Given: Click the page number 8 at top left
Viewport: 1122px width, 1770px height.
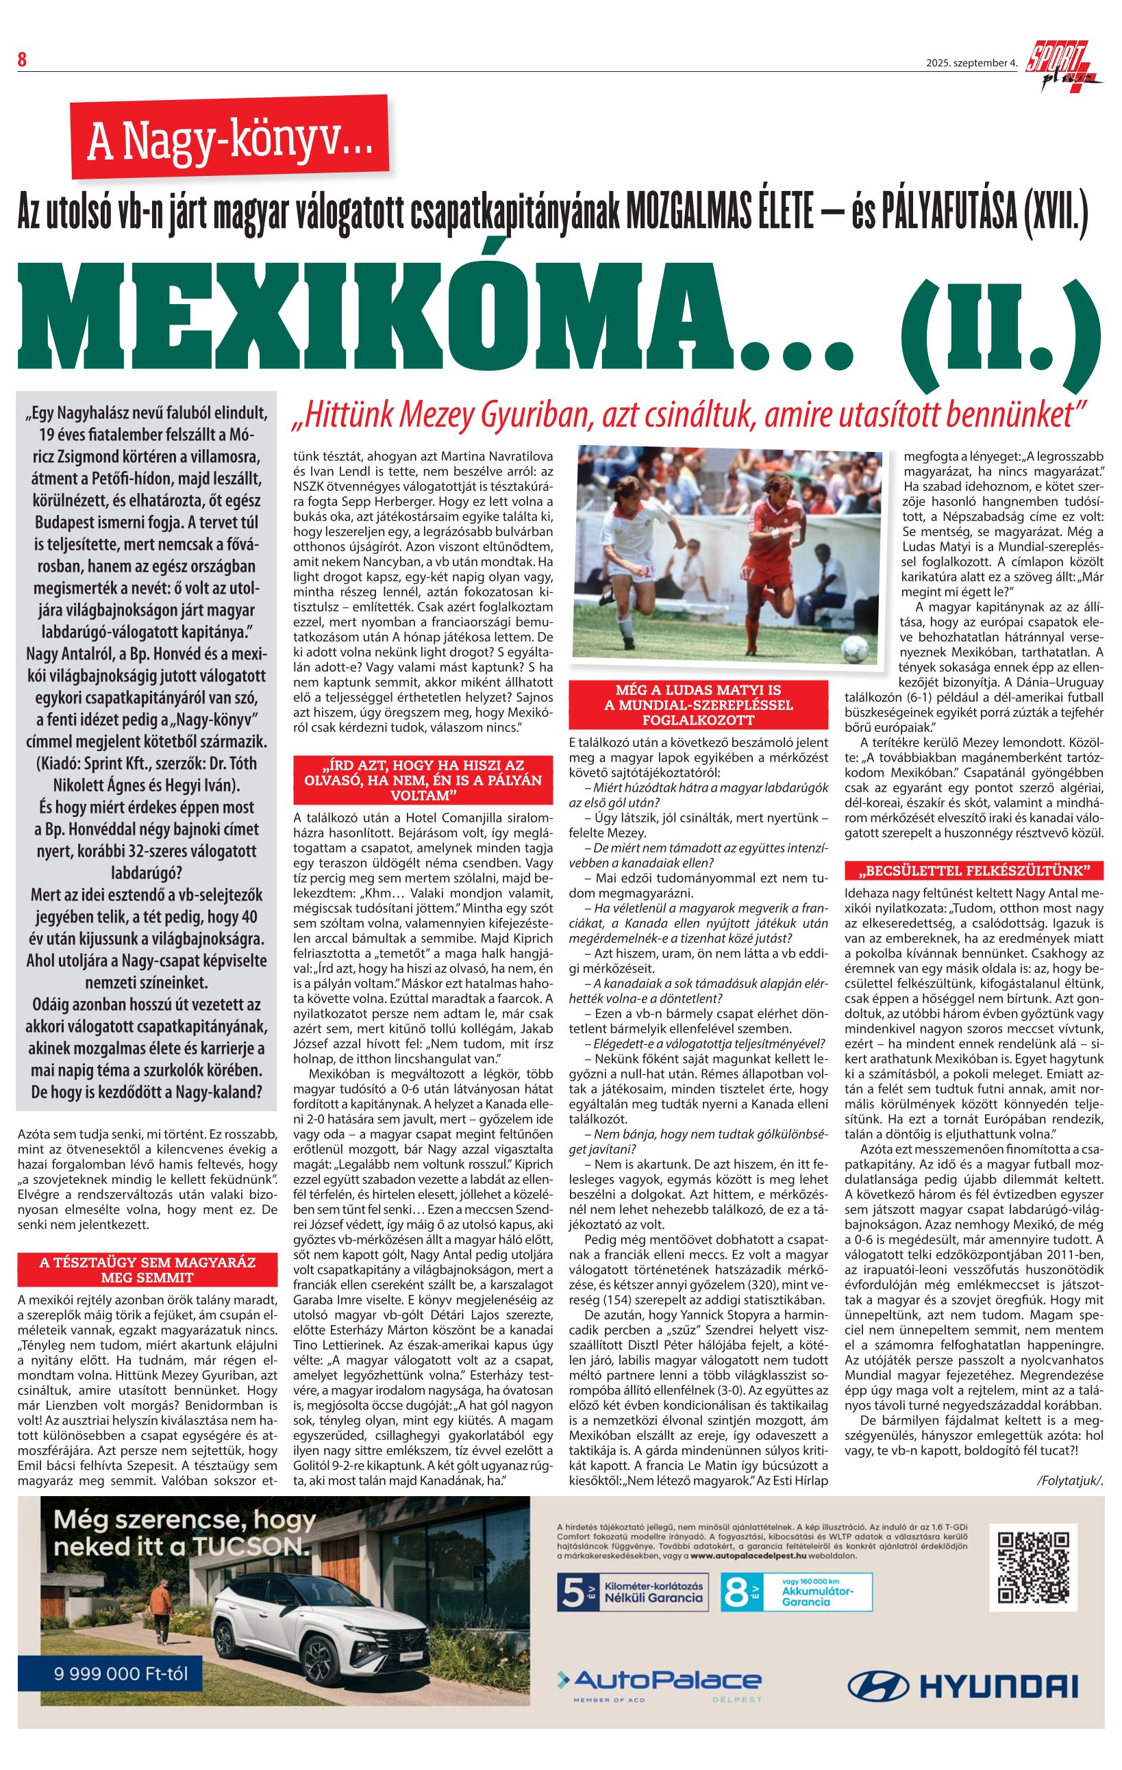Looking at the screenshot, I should [x=22, y=60].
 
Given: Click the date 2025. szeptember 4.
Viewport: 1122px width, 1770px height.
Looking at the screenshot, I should [x=971, y=63].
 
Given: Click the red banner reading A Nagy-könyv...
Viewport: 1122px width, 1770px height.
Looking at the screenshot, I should [x=229, y=138].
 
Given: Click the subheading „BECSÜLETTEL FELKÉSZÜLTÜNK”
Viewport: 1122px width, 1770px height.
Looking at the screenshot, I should [x=974, y=871].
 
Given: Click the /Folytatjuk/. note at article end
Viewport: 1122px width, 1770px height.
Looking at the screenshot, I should [x=1070, y=1480].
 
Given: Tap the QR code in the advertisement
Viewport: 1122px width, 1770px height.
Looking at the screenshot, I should [x=1033, y=1567].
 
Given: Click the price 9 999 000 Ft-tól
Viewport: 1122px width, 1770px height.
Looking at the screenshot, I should [x=121, y=1673].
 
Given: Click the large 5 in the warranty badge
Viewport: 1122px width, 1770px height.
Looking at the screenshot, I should [x=573, y=1592].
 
